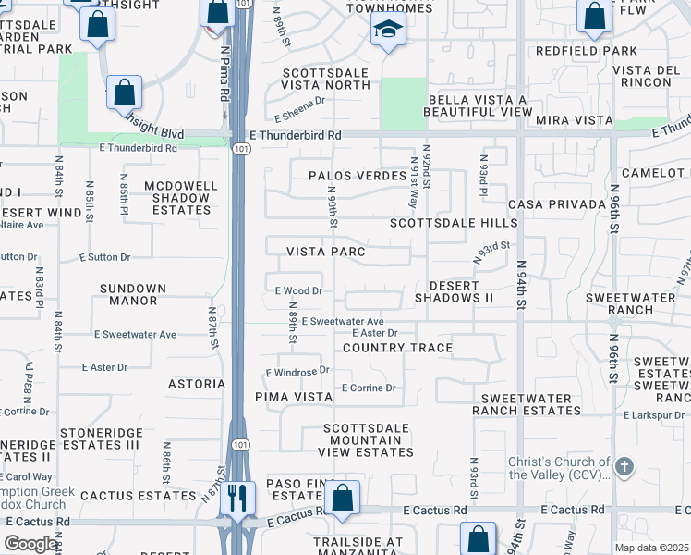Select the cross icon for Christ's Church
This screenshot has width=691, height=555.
point(624,466)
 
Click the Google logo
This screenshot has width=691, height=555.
point(30,544)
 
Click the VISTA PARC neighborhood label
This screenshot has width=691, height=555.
point(326,252)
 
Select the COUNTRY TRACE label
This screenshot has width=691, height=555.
point(397,348)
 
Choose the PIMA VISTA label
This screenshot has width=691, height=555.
point(294,396)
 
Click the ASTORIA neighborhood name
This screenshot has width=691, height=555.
point(197,383)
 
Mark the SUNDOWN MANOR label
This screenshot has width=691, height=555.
point(133,294)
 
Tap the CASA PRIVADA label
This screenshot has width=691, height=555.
point(551,203)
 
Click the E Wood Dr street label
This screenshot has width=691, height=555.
point(297,290)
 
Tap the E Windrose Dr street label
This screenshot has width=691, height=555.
point(297,371)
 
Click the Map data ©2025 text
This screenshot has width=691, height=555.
point(651,548)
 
